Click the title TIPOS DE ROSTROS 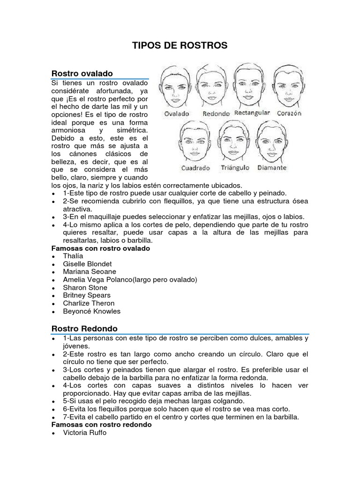click(180, 45)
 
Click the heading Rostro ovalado click(82, 74)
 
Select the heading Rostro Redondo click(84, 328)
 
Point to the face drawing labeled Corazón click(289, 87)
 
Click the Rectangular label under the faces click(252, 113)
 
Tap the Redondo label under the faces click(216, 114)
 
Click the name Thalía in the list click(73, 256)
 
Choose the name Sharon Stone click(85, 287)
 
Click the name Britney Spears click(87, 295)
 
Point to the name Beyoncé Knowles click(91, 311)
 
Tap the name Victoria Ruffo click(85, 433)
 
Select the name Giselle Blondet click(87, 264)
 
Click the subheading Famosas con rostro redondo click(101, 425)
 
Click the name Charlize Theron click(89, 303)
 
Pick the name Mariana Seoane click(90, 271)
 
